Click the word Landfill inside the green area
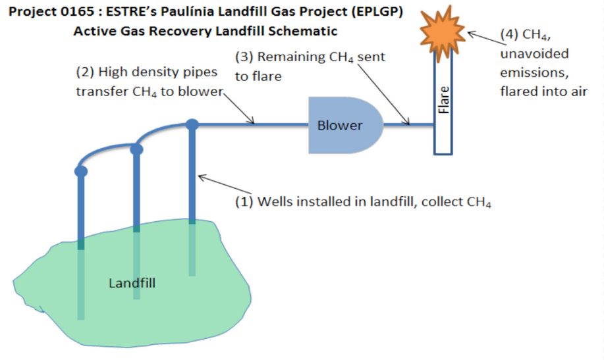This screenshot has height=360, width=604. (x=132, y=284)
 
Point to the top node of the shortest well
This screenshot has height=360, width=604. (x=81, y=172)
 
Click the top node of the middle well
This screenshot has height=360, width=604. (x=136, y=149)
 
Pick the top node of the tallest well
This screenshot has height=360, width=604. (x=192, y=124)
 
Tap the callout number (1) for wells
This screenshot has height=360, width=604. (x=244, y=201)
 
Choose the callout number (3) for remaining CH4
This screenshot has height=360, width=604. (x=244, y=58)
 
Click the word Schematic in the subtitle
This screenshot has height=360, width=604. (x=304, y=31)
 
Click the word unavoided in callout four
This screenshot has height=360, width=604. (x=534, y=53)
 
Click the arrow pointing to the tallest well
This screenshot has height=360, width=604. (x=213, y=181)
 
